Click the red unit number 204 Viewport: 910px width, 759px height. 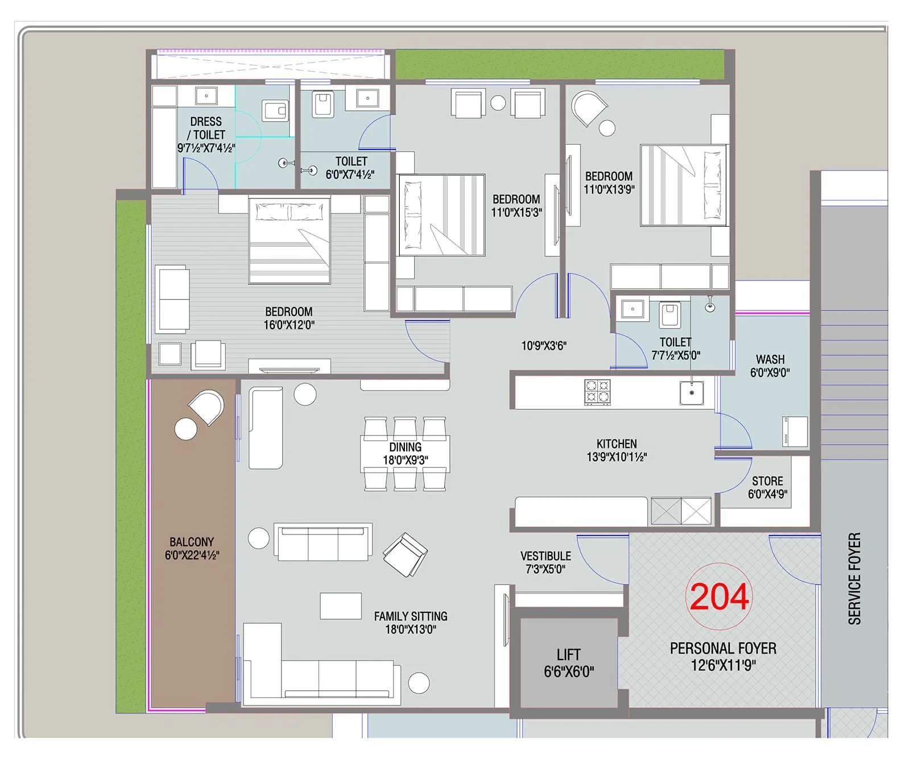[x=719, y=597]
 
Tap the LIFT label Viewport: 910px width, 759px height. [x=568, y=654]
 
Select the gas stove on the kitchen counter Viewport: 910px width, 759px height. [x=597, y=392]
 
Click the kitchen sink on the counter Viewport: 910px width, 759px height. [x=692, y=393]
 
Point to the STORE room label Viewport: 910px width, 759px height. [x=767, y=481]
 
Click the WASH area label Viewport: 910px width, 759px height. [x=770, y=359]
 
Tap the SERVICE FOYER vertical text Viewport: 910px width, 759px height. [x=854, y=578]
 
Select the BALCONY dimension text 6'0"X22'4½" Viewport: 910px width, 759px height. [x=192, y=555]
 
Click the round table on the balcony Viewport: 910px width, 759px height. [x=185, y=429]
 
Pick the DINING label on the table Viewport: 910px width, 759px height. [x=405, y=447]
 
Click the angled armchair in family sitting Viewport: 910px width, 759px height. [x=405, y=554]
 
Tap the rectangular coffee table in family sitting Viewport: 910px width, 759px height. [x=341, y=605]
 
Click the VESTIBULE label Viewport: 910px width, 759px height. [x=545, y=556]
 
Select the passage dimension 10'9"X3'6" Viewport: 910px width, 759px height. [x=544, y=346]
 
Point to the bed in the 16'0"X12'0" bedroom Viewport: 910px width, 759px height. [x=289, y=240]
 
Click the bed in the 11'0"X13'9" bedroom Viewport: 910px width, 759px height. [x=683, y=185]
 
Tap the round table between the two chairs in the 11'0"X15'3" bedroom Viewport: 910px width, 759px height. [x=498, y=103]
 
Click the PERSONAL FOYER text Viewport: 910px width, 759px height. [x=723, y=648]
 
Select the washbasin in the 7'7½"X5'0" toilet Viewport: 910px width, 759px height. [x=632, y=309]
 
